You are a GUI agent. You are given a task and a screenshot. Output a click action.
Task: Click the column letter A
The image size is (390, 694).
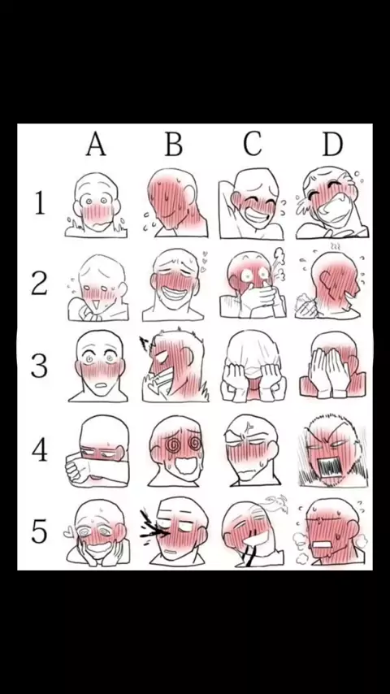tap(96, 145)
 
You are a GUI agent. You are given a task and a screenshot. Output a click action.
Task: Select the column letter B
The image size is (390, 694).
tap(174, 145)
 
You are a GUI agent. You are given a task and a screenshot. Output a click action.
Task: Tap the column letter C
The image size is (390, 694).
tap(253, 144)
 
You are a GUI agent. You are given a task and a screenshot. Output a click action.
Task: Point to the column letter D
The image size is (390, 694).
tap(332, 145)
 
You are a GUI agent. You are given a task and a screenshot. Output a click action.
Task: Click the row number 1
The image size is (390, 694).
tap(40, 202)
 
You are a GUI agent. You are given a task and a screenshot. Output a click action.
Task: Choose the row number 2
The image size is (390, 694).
tap(39, 284)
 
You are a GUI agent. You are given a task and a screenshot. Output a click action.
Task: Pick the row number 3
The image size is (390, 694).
tap(39, 366)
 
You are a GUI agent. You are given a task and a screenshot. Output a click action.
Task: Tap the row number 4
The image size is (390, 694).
tap(39, 449)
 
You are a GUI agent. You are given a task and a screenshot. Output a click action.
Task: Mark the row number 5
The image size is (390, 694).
tap(39, 531)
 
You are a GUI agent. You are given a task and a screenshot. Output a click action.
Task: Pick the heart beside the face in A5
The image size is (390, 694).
tap(68, 533)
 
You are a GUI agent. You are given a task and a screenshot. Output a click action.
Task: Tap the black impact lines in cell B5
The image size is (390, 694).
tap(152, 526)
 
